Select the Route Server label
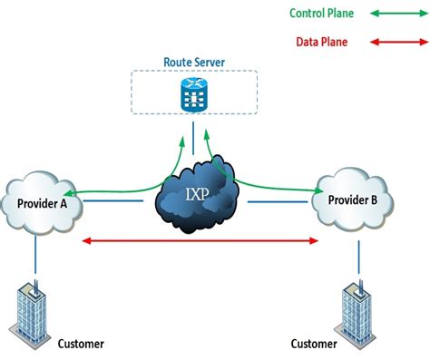pos(194,63)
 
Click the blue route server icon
pos(194,93)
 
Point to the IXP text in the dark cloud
pos(196,193)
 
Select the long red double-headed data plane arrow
pos(200,241)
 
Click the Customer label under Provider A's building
pos(81,344)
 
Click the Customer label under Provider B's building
pos(313,344)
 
